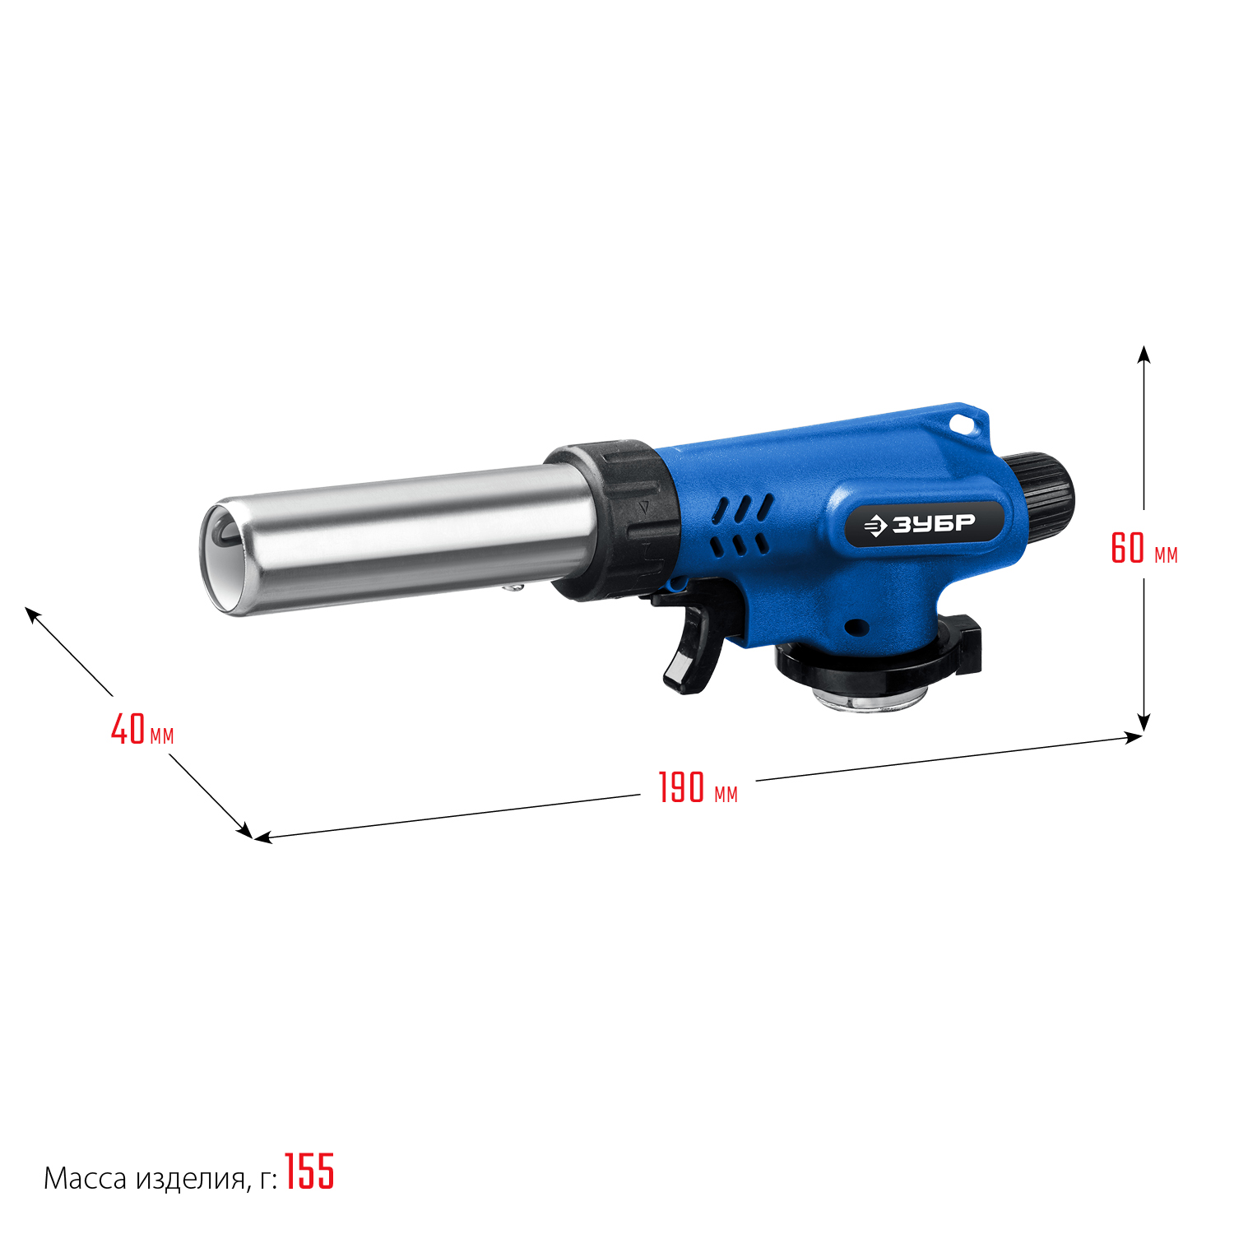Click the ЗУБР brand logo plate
pos(925,523)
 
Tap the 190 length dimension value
pos(682,787)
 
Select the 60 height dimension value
pos(1128,548)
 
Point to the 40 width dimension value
pos(128,729)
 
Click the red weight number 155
pos(309,1171)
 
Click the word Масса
pos(86,1179)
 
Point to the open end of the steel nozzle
pos(220,558)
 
